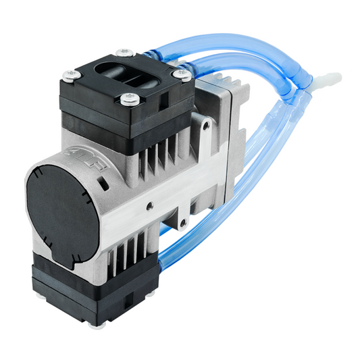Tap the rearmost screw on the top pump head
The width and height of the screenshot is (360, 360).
(122, 52)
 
